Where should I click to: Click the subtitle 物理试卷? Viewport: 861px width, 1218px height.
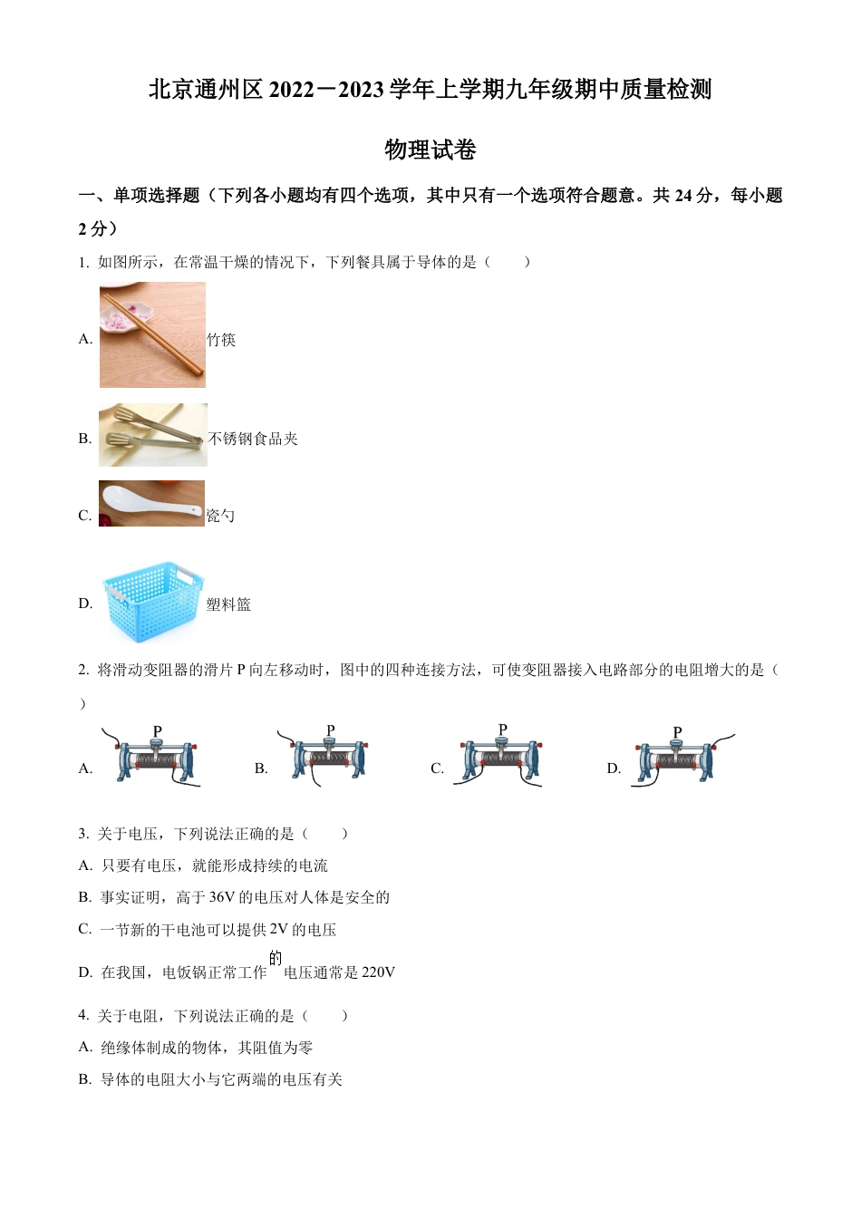click(430, 150)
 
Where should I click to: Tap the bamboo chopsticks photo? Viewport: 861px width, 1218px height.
click(152, 335)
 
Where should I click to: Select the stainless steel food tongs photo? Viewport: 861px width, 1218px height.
click(152, 435)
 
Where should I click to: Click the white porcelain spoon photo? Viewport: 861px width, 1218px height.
click(151, 504)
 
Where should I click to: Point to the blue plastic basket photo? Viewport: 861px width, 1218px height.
click(152, 601)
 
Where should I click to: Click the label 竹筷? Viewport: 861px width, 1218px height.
click(221, 340)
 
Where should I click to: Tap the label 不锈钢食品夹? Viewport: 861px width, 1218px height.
click(253, 439)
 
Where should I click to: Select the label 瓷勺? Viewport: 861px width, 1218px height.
click(220, 516)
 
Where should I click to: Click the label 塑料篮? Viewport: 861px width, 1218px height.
click(228, 604)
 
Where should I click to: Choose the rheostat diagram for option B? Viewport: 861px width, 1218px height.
click(328, 758)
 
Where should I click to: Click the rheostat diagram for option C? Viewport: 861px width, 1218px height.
click(500, 758)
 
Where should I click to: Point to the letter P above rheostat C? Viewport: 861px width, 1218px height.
click(503, 730)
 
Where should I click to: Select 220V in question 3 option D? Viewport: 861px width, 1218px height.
click(378, 972)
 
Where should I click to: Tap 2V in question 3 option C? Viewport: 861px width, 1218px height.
click(279, 930)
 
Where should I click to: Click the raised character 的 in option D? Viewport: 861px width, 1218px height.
click(276, 958)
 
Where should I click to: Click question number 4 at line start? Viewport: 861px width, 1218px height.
click(83, 1015)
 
